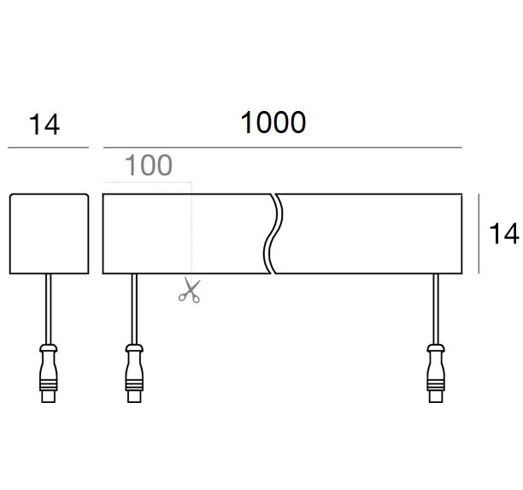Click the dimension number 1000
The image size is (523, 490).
(273, 123)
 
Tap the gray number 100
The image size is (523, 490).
(148, 166)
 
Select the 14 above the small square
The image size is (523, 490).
(44, 125)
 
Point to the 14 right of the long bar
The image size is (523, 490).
(505, 234)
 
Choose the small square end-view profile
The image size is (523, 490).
(49, 234)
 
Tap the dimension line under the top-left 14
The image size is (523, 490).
(49, 148)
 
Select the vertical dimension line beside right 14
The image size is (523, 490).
(479, 234)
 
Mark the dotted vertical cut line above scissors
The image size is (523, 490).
(191, 230)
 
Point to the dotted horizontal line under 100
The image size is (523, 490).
(147, 183)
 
